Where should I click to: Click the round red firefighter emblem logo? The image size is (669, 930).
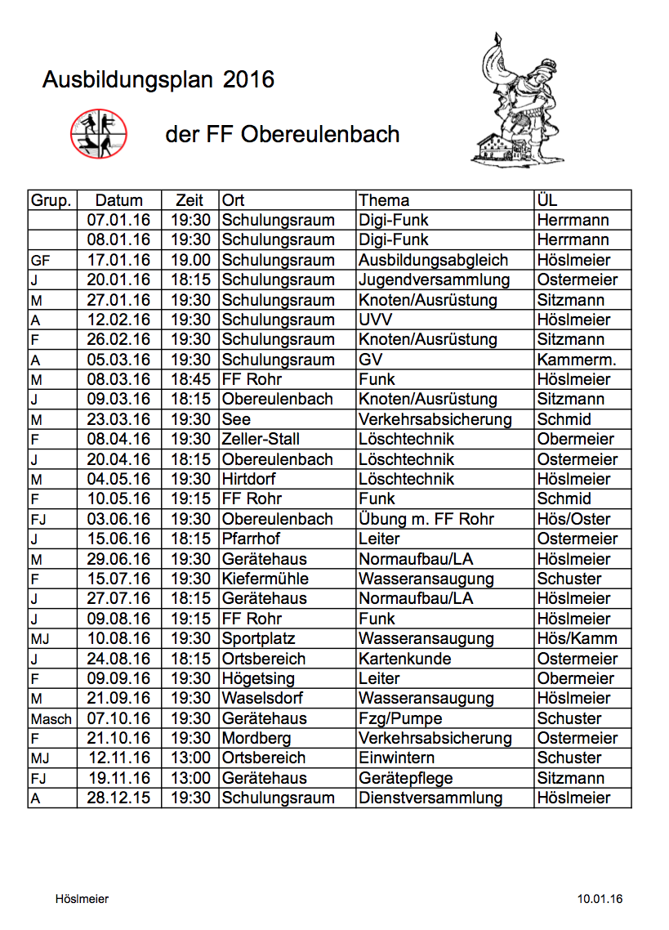[99, 134]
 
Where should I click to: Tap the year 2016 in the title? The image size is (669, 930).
[248, 80]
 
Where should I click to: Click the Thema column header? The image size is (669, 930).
[384, 200]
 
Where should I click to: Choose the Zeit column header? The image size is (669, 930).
[190, 200]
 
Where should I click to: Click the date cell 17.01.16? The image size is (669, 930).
[118, 260]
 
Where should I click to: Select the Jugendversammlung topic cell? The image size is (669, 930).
[434, 279]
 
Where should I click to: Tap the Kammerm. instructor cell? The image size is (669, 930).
[576, 360]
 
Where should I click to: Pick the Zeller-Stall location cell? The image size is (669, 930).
[261, 439]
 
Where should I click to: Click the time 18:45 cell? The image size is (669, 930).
[190, 379]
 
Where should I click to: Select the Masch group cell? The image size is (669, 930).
[51, 718]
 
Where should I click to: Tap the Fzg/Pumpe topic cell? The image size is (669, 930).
[400, 718]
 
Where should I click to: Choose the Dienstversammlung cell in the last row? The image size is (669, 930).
[430, 798]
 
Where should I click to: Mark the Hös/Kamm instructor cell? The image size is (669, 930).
[577, 638]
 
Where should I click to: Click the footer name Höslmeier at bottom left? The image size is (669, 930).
[82, 899]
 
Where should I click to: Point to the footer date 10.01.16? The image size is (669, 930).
[600, 899]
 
